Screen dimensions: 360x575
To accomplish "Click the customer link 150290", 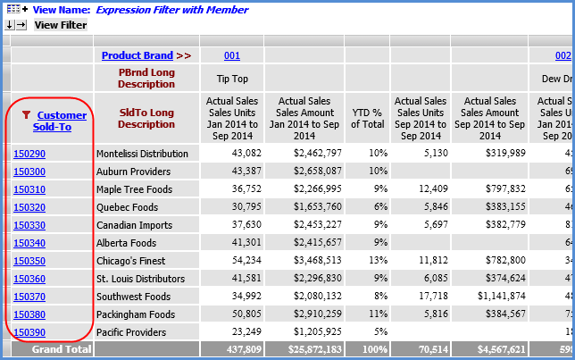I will (x=29, y=154).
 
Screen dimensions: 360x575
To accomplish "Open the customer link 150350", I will (x=29, y=261).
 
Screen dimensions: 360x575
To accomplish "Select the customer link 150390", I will (x=29, y=332).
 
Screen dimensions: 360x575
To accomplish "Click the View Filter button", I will (x=60, y=25).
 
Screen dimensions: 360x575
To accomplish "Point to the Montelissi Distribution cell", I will (x=142, y=154).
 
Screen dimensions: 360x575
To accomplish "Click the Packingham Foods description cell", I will (x=135, y=314).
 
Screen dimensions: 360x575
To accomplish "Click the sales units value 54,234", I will (x=233, y=261).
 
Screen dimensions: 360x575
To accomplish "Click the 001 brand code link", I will (x=232, y=55).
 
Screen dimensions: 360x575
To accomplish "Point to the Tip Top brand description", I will (x=232, y=78).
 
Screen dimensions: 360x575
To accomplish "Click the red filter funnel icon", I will (x=25, y=114).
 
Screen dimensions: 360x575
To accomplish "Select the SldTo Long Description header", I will (x=146, y=118).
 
